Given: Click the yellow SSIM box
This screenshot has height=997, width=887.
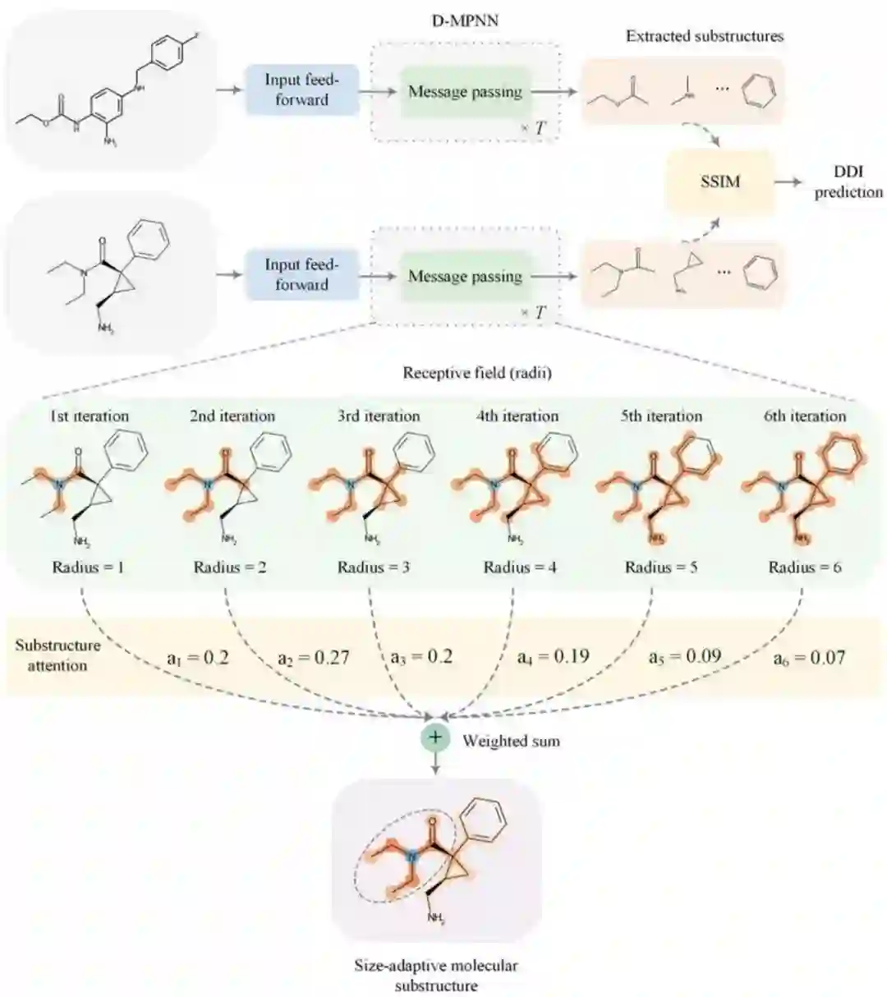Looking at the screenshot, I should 720,181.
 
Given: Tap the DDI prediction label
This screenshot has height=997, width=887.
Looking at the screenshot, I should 848,181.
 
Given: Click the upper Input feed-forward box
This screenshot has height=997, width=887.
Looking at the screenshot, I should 301,90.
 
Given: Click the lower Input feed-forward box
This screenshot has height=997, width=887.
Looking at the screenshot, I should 301,275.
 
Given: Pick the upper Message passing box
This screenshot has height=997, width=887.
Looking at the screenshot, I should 465,91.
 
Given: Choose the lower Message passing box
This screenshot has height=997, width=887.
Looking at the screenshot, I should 465,276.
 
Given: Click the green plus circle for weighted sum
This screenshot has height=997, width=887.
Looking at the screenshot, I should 434,737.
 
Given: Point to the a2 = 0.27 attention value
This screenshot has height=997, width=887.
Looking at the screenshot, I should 313,657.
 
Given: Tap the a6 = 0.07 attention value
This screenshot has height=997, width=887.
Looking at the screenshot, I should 809,657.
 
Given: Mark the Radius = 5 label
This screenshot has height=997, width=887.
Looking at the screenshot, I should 661,567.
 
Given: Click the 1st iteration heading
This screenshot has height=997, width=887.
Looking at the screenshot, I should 90,416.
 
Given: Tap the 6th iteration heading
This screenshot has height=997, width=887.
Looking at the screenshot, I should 805,416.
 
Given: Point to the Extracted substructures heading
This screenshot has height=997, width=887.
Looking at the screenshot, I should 705,36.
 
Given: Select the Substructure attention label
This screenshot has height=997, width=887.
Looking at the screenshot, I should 57,655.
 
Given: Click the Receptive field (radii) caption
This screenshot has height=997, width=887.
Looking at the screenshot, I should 476,373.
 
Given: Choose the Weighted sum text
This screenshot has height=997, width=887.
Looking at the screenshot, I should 511,741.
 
